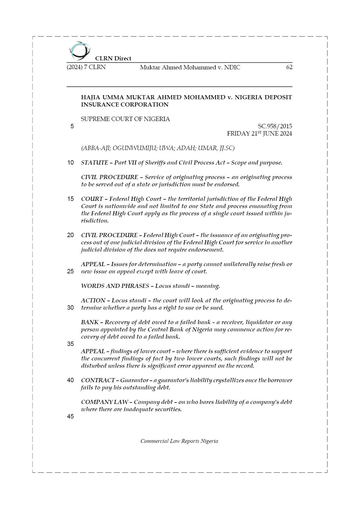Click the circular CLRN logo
pyautogui.click(x=80, y=50)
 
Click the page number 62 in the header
pyautogui.click(x=289, y=67)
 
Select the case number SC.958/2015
pyautogui.click(x=275, y=126)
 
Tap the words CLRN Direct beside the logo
pyautogui.click(x=113, y=58)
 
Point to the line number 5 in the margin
pyautogui.click(x=72, y=126)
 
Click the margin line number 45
pyautogui.click(x=70, y=416)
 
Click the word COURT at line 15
pyautogui.click(x=92, y=199)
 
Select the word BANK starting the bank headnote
pyautogui.click(x=90, y=322)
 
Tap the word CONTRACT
pyautogui.click(x=98, y=380)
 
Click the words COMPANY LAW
pyautogui.click(x=105, y=402)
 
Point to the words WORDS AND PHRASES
pyautogui.click(x=115, y=286)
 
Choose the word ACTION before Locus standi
pyautogui.click(x=93, y=300)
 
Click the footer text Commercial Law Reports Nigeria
pyautogui.click(x=179, y=441)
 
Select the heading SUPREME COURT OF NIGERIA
pyautogui.click(x=125, y=119)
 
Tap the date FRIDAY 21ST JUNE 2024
pyautogui.click(x=259, y=133)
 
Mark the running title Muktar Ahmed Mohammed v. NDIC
pyautogui.click(x=190, y=67)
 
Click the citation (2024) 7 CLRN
pyautogui.click(x=86, y=67)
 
